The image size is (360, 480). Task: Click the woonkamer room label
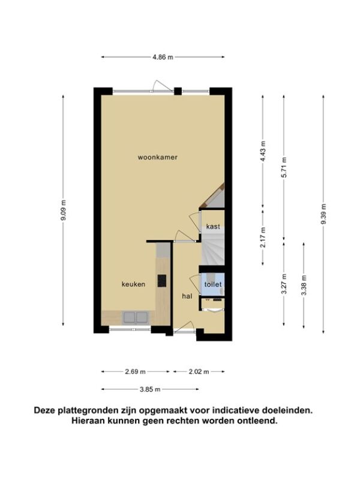click(x=158, y=158)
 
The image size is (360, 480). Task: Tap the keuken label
click(x=133, y=284)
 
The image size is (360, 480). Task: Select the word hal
click(x=187, y=296)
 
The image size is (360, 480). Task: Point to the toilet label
click(x=213, y=284)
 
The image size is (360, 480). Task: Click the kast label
click(x=213, y=227)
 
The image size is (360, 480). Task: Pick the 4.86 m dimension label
click(x=163, y=57)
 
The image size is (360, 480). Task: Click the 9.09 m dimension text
click(x=64, y=211)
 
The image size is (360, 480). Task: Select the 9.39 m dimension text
click(x=323, y=214)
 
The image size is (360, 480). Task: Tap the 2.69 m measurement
click(x=136, y=371)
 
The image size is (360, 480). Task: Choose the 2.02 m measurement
click(x=199, y=371)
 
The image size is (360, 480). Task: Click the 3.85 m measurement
click(x=150, y=389)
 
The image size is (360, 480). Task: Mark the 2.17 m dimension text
click(x=263, y=237)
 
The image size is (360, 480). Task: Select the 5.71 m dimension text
click(x=284, y=167)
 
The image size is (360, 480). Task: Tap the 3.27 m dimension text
click(x=284, y=283)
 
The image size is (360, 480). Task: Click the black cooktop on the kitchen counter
click(x=162, y=281)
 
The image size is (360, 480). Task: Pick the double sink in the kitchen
click(x=136, y=317)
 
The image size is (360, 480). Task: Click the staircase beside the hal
click(x=213, y=248)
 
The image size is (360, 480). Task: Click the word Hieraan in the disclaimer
click(x=87, y=421)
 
